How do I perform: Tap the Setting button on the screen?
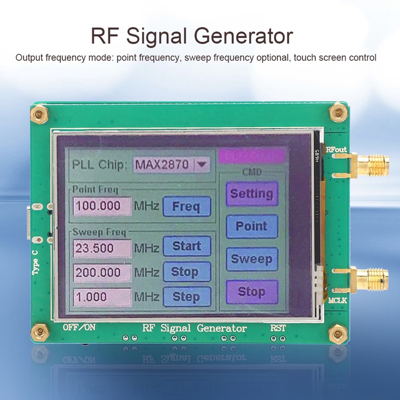click(x=252, y=194)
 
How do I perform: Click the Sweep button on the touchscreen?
click(x=252, y=259)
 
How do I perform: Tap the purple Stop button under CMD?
click(x=252, y=292)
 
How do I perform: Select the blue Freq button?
click(x=186, y=207)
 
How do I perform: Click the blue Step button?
click(x=186, y=297)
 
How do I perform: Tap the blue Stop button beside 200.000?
click(x=186, y=272)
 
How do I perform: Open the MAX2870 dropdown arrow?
click(x=202, y=164)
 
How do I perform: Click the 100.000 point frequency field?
click(x=102, y=206)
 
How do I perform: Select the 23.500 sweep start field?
click(x=102, y=248)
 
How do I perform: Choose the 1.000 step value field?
click(x=102, y=297)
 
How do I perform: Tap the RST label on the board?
click(x=278, y=328)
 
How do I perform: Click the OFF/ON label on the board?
click(x=79, y=327)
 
